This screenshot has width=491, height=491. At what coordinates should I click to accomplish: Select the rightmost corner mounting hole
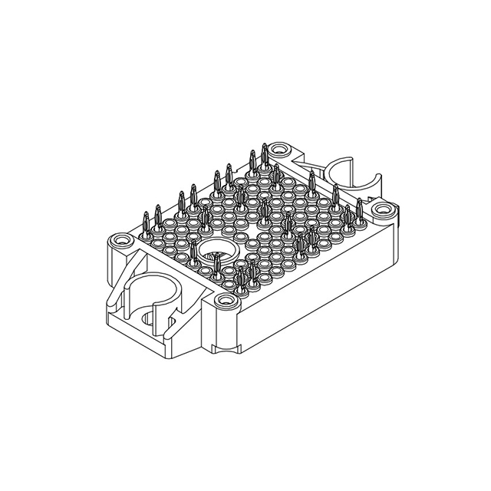point(381,208)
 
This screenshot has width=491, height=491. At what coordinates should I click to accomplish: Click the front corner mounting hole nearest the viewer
point(223,301)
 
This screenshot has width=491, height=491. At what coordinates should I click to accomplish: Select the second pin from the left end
point(157,216)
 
